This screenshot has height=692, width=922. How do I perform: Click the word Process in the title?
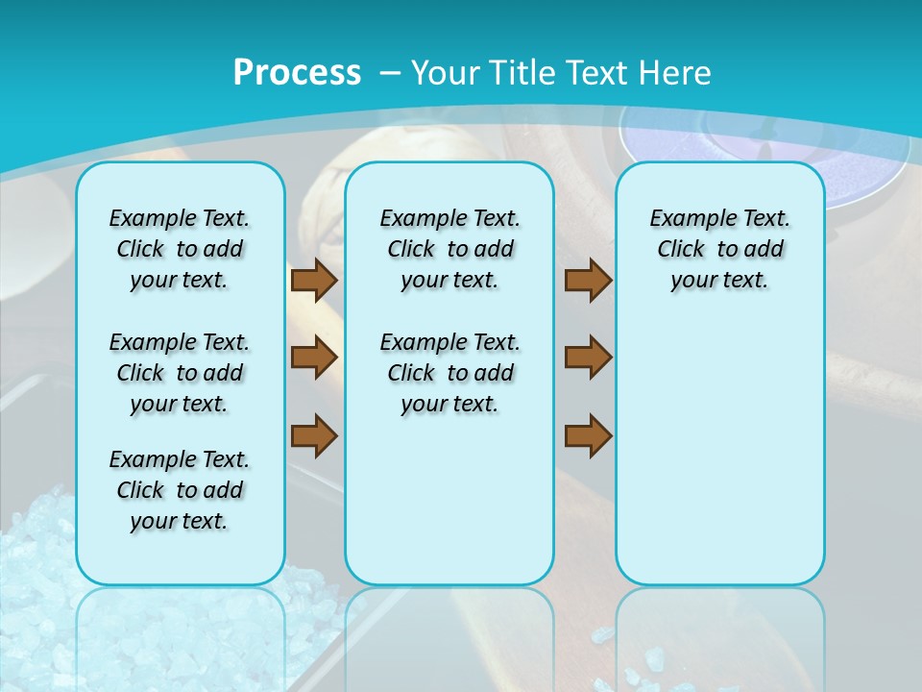(x=297, y=72)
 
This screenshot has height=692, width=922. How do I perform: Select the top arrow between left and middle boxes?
(x=313, y=280)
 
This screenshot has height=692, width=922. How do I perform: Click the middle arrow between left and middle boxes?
(x=313, y=358)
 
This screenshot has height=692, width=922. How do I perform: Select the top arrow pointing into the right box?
(x=588, y=280)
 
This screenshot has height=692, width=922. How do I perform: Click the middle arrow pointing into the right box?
(x=588, y=358)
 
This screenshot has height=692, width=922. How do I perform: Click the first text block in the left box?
(x=180, y=249)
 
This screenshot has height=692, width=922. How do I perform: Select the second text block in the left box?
(x=180, y=373)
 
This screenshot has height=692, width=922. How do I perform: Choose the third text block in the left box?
(x=180, y=490)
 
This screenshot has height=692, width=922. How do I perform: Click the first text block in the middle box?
(x=449, y=249)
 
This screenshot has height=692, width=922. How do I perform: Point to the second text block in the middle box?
(x=449, y=373)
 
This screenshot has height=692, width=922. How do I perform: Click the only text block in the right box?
(x=719, y=249)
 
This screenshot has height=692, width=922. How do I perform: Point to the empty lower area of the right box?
(x=719, y=461)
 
